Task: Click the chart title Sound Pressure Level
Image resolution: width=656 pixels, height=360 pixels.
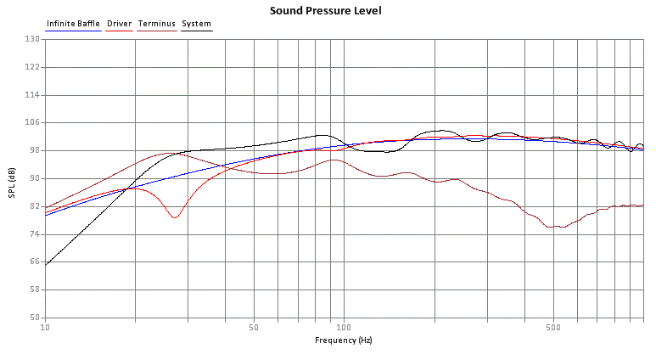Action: (x=325, y=11)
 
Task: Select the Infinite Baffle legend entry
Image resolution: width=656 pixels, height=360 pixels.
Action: (x=74, y=24)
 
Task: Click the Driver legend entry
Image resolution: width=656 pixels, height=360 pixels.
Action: (x=119, y=24)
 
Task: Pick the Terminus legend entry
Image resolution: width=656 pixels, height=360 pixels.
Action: (x=156, y=24)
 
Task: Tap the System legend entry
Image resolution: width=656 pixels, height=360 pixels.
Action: (x=197, y=24)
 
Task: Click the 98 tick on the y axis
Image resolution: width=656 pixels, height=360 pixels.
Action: (x=34, y=150)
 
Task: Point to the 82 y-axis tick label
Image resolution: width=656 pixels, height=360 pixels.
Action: (x=34, y=206)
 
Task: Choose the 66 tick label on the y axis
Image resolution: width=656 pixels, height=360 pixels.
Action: (x=34, y=262)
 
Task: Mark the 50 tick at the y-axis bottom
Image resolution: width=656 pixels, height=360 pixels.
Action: (x=34, y=318)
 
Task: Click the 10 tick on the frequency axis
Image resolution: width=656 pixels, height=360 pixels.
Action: (x=45, y=327)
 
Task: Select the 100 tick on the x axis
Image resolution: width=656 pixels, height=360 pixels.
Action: (x=344, y=327)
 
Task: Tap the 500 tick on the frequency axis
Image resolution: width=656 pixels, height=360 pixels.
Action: (x=552, y=327)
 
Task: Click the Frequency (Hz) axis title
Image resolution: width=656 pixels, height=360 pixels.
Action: (x=343, y=340)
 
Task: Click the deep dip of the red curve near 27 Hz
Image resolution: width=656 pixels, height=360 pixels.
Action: (x=175, y=218)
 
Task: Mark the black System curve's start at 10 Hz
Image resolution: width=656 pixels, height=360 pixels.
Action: (x=46, y=264)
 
